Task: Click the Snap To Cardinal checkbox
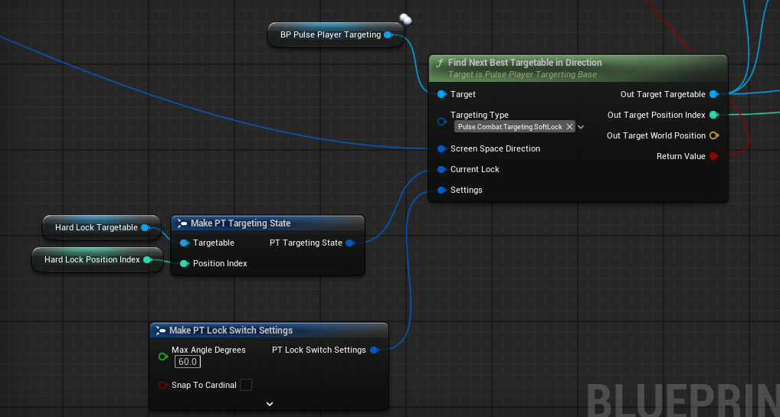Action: point(246,385)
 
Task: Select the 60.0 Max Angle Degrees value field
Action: point(188,362)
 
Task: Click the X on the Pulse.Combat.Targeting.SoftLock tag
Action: point(569,127)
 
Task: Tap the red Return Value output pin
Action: point(714,156)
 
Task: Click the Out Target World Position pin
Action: point(714,135)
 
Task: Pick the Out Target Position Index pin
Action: point(714,115)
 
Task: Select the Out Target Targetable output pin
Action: point(714,94)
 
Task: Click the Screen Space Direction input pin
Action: point(441,148)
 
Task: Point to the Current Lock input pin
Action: point(441,170)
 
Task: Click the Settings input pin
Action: point(441,190)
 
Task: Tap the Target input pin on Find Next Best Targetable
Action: point(441,94)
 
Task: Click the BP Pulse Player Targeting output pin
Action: point(388,34)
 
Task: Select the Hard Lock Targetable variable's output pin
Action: point(145,228)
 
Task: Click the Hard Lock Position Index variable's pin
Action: point(147,259)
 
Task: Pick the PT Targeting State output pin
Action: point(349,243)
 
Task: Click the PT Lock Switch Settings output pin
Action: point(374,350)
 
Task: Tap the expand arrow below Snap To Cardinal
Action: point(270,404)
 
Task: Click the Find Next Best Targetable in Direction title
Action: point(525,63)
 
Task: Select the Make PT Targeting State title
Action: point(241,223)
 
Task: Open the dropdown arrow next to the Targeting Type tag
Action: point(581,127)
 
